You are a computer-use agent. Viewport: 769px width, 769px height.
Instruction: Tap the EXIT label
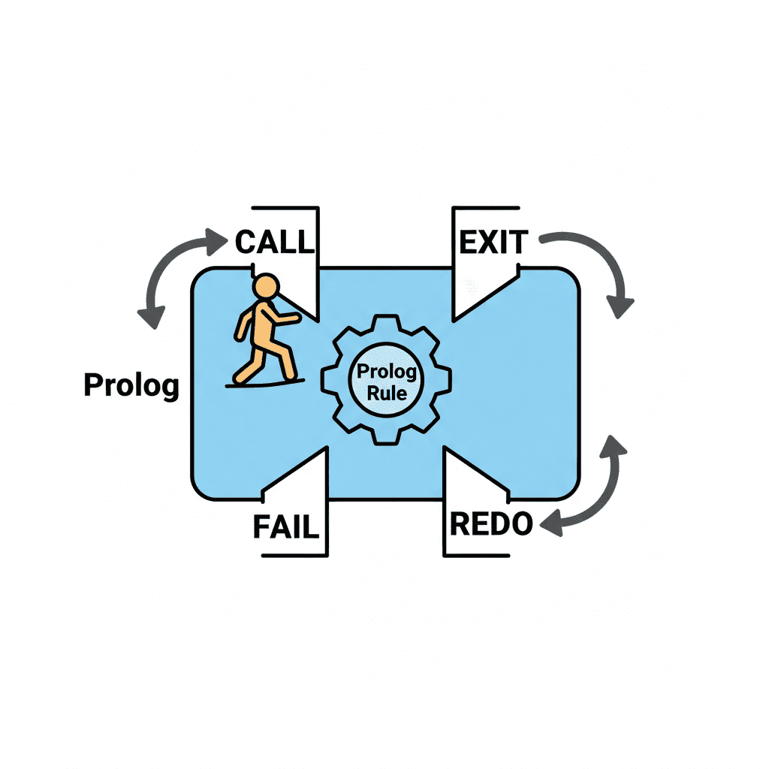(x=493, y=242)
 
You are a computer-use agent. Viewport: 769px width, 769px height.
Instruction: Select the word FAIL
(x=286, y=526)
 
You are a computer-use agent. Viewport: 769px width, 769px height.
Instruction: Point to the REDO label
(x=491, y=523)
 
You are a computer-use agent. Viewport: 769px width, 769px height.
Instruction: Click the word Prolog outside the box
(x=131, y=385)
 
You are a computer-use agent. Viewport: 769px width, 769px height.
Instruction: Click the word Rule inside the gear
(x=387, y=394)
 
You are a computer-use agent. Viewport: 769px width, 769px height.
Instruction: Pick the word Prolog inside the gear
(x=387, y=372)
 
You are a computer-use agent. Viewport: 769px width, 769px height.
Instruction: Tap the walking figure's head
(x=266, y=286)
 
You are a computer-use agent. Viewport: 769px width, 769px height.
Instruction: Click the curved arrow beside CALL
(x=162, y=265)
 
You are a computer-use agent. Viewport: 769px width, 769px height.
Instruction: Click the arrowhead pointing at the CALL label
(x=216, y=242)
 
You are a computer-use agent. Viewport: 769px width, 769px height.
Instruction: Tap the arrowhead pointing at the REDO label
(x=551, y=523)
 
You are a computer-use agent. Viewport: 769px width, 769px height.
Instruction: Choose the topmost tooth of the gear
(x=386, y=323)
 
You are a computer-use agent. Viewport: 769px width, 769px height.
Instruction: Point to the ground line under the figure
(x=265, y=384)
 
